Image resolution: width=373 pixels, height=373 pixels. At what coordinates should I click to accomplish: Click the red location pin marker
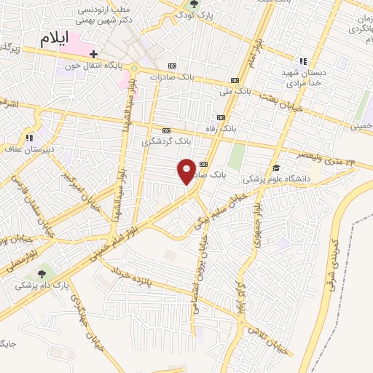(x=186, y=171)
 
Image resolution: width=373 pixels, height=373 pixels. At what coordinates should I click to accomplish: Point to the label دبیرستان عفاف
(x=30, y=148)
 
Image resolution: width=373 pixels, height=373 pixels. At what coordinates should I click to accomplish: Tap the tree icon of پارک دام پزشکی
(x=42, y=272)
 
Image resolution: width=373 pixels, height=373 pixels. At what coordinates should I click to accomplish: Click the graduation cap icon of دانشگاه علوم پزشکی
(x=275, y=168)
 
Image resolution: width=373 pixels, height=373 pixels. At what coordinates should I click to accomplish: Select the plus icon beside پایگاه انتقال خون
(x=93, y=54)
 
